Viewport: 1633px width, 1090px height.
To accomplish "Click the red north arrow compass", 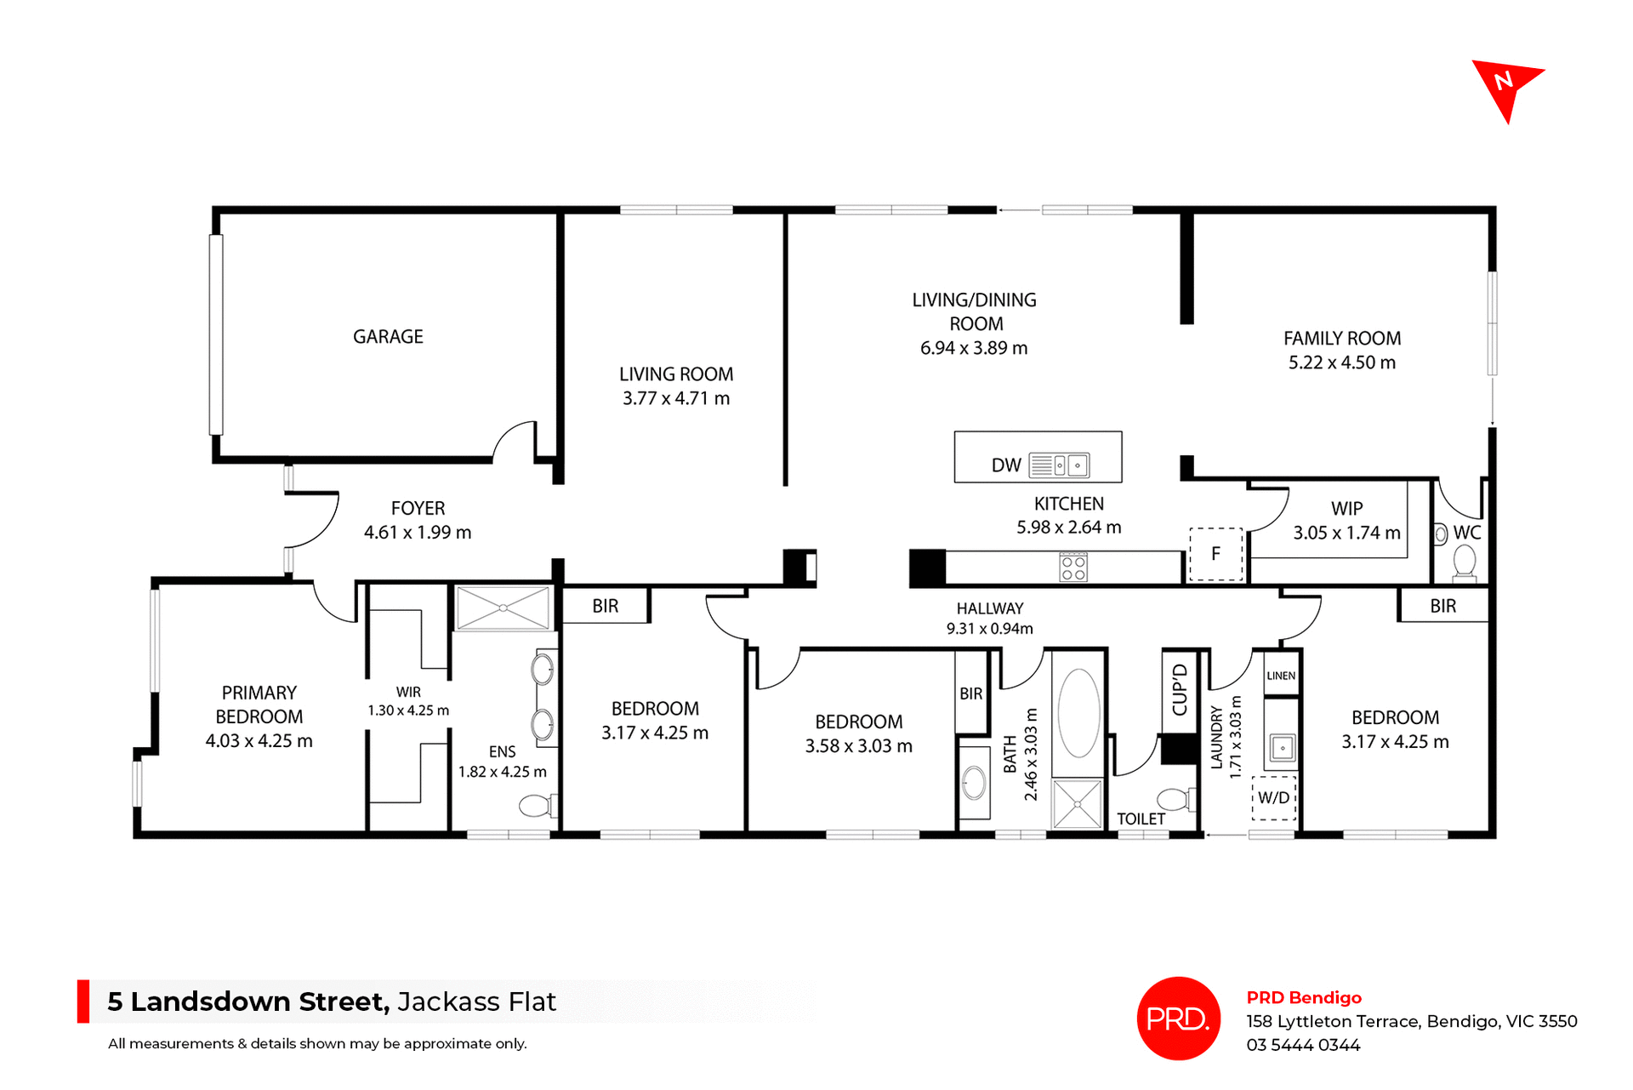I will pos(1505,86).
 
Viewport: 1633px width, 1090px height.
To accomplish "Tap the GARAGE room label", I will pos(388,337).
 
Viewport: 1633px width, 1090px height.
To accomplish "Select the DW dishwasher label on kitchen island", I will pos(1005,465).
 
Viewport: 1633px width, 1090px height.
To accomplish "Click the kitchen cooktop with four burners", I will pos(1073,568).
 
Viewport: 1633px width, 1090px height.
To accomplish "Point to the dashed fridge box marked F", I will pos(1215,554).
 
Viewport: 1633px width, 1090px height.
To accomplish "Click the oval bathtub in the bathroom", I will pos(1078,713).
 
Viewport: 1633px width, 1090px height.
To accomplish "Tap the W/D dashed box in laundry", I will pos(1273,798).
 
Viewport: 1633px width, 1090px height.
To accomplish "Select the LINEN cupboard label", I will pos(1281,676).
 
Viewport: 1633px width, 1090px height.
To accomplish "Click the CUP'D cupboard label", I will pos(1180,690).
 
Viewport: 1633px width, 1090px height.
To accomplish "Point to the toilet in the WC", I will pos(1465,562).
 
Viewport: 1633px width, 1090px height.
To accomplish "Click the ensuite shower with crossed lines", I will pos(503,608).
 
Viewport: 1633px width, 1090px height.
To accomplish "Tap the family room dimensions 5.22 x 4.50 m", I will pos(1341,362).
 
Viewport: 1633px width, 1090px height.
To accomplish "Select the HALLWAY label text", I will pos(989,608).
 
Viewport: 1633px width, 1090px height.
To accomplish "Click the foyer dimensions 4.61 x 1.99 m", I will pos(417,533).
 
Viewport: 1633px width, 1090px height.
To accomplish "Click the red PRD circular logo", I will pos(1178,1018).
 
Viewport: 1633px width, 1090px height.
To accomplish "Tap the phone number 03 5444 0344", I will pos(1303,1045).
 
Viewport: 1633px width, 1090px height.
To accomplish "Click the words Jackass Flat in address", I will pos(476,1002).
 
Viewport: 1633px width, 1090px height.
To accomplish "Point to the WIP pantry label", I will pos(1346,509).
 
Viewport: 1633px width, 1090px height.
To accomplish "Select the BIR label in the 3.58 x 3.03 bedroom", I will pos(970,693).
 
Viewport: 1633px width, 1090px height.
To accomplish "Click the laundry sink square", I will pos(1282,748).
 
